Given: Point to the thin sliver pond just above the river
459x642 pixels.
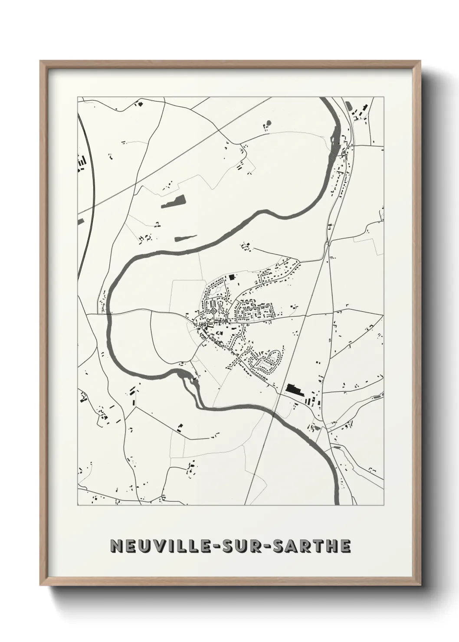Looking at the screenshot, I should (185, 237).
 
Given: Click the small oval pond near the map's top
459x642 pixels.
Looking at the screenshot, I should (268, 123).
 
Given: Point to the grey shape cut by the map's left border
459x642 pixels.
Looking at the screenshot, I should (80, 222).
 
